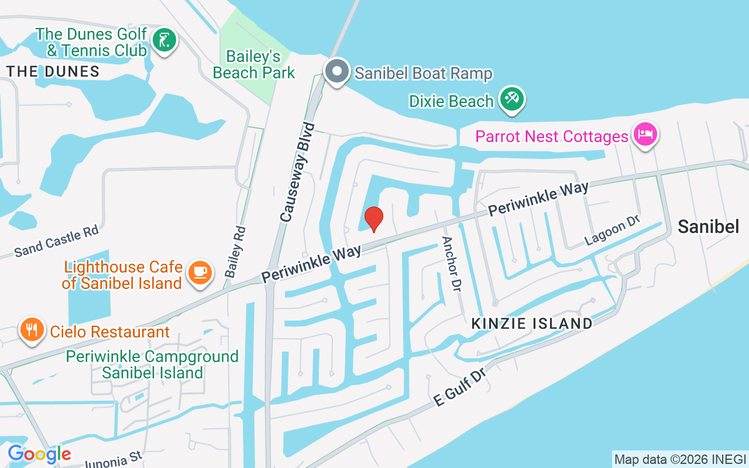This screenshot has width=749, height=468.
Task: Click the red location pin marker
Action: pyautogui.click(x=374, y=219)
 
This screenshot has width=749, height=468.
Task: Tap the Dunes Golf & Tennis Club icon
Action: pyautogui.click(x=164, y=40)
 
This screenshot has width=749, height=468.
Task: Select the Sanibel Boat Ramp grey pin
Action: pyautogui.click(x=336, y=71)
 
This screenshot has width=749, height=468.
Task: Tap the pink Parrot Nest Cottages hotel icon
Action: pyautogui.click(x=645, y=134)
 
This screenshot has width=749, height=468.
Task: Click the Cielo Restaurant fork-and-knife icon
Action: pyautogui.click(x=32, y=330)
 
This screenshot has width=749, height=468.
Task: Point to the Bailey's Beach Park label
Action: pyautogui.click(x=254, y=64)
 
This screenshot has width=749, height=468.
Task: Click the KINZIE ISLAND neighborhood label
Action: pyautogui.click(x=532, y=323)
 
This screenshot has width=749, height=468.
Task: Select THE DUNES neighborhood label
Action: pyautogui.click(x=53, y=71)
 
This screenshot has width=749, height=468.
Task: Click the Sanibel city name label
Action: pyautogui.click(x=709, y=226)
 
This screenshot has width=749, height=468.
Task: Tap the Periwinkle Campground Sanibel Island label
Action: pyautogui.click(x=152, y=364)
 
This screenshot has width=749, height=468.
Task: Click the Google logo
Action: pyautogui.click(x=39, y=453)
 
